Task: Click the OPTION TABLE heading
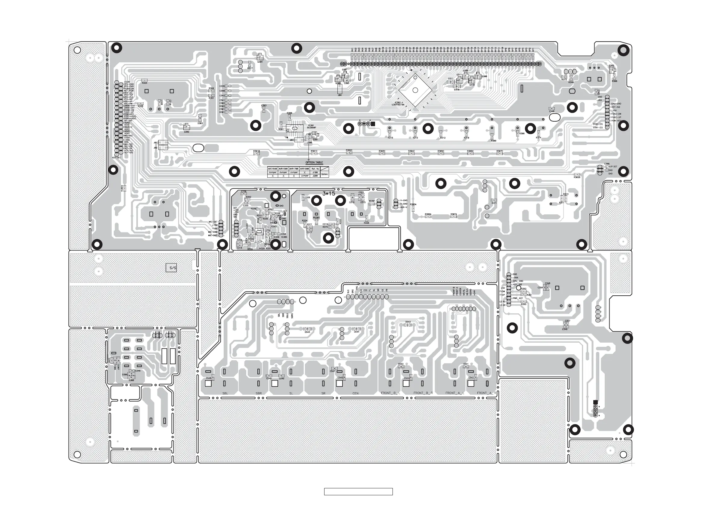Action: pos(314,163)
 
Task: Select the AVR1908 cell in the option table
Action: pos(305,169)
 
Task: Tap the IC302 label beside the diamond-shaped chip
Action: pos(398,102)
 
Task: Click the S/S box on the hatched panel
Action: pos(171,268)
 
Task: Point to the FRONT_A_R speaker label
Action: pos(486,393)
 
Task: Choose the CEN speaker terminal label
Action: pos(355,393)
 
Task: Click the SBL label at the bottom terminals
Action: pos(225,393)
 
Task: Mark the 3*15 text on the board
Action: pos(328,194)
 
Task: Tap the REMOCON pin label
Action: pos(129,89)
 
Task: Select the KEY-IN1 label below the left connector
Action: pos(116,158)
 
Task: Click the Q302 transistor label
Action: pos(186,132)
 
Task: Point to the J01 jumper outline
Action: pos(163,142)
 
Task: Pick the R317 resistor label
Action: pos(250,68)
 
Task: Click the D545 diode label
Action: pos(307,332)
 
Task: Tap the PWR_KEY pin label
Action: pos(517,298)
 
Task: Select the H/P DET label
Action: pos(613,167)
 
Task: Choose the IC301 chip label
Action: pos(311,125)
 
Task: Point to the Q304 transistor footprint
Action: pos(260,57)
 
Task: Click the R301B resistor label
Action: pos(256,151)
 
